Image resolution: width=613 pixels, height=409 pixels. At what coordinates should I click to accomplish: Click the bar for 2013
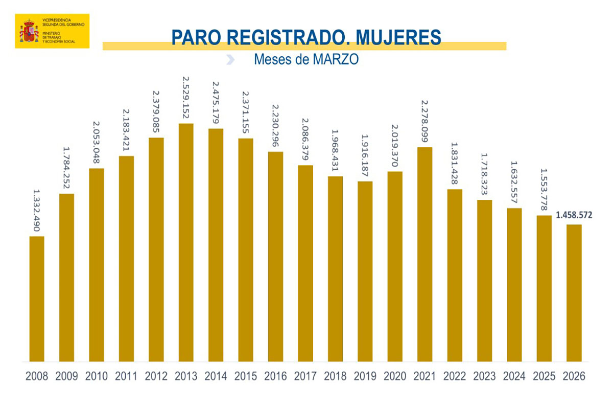tap(186, 243)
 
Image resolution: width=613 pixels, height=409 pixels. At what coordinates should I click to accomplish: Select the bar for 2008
tap(37, 299)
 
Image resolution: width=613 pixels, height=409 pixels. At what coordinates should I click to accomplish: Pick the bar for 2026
tap(574, 293)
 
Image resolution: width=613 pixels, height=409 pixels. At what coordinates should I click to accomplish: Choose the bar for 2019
tap(365, 271)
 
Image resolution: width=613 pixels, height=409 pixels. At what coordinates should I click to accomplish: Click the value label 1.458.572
tap(574, 216)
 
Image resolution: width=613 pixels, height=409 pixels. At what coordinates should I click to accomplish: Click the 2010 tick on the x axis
tap(96, 377)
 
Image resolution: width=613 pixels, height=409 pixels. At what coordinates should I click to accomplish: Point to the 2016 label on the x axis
tap(275, 377)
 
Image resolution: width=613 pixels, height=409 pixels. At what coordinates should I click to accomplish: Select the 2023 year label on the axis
tap(484, 377)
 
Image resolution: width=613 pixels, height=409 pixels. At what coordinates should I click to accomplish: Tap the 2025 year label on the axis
tap(544, 377)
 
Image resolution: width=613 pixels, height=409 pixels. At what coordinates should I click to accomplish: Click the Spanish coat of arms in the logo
tap(29, 31)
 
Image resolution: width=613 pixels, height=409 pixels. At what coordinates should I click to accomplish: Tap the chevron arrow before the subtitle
tap(230, 60)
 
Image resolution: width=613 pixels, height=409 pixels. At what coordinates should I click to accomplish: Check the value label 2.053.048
tap(97, 144)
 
